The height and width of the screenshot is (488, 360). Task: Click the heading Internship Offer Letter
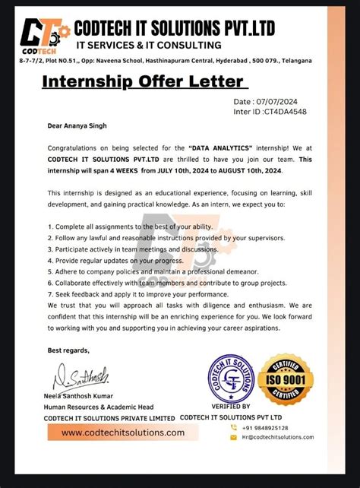143,81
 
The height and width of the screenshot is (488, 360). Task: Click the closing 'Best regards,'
68,350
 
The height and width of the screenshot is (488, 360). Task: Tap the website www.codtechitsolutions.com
123,433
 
